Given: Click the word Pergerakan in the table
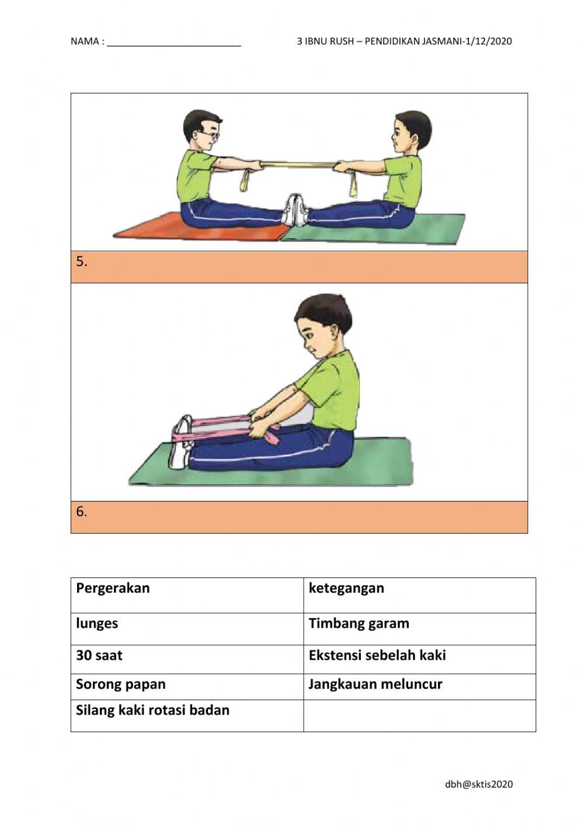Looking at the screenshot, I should tap(113, 588).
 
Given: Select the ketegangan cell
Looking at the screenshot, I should tap(346, 588).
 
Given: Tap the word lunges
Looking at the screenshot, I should tap(97, 623).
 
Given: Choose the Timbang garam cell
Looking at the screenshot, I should tap(359, 623).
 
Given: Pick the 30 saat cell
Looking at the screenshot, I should tap(99, 655).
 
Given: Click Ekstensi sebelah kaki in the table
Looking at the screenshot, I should tap(377, 655).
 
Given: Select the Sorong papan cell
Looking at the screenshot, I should tap(121, 684).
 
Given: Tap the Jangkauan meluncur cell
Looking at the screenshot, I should tap(376, 684).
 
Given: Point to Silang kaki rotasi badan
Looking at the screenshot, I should tap(152, 710).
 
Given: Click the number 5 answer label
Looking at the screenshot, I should tap(82, 262).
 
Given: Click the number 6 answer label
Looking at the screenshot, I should tap(82, 511).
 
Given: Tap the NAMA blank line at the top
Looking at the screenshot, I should tap(173, 42).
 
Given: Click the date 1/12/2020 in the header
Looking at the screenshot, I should tap(487, 41).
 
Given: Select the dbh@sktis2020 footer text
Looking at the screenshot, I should tap(479, 784).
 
